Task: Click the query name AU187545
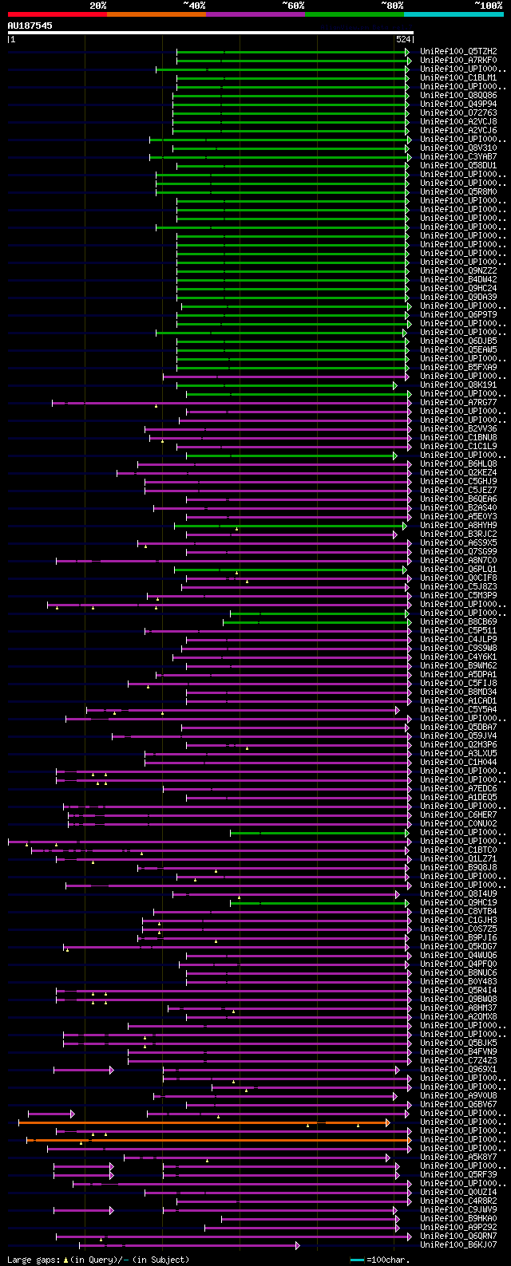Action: (30, 26)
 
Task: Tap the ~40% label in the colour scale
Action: (194, 6)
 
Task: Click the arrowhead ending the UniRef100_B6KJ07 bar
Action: (298, 1244)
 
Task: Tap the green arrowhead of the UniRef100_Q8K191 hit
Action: (394, 385)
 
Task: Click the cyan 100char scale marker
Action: (357, 1260)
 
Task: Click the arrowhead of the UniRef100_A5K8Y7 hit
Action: (388, 1157)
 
